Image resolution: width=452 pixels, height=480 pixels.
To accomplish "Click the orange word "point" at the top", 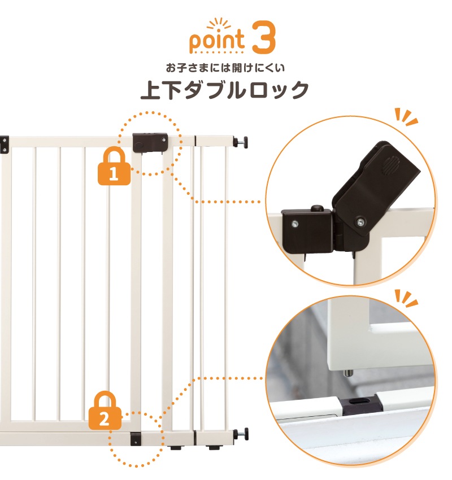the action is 217,42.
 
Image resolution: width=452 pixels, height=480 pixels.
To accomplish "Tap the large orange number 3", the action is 263,37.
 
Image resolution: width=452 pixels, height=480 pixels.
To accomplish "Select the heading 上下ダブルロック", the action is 225,90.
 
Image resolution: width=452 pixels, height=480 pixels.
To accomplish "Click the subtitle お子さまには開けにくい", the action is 225,68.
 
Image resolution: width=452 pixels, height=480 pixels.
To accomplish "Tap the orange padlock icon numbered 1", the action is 114,166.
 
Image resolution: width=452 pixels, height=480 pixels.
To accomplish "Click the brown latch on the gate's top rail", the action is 150,142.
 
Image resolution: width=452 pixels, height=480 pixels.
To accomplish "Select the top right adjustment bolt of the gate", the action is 241,143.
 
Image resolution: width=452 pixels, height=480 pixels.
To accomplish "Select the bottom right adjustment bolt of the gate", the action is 241,434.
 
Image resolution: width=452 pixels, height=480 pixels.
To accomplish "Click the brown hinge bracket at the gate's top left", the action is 5,145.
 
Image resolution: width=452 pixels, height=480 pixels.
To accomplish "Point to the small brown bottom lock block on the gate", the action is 136,438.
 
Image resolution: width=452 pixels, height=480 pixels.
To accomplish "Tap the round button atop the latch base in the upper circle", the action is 318,208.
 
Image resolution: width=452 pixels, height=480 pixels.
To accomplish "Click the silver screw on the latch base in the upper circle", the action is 294,224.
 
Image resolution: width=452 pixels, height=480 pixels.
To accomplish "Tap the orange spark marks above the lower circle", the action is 405,298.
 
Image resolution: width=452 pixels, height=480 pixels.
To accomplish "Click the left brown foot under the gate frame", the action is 176,448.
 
